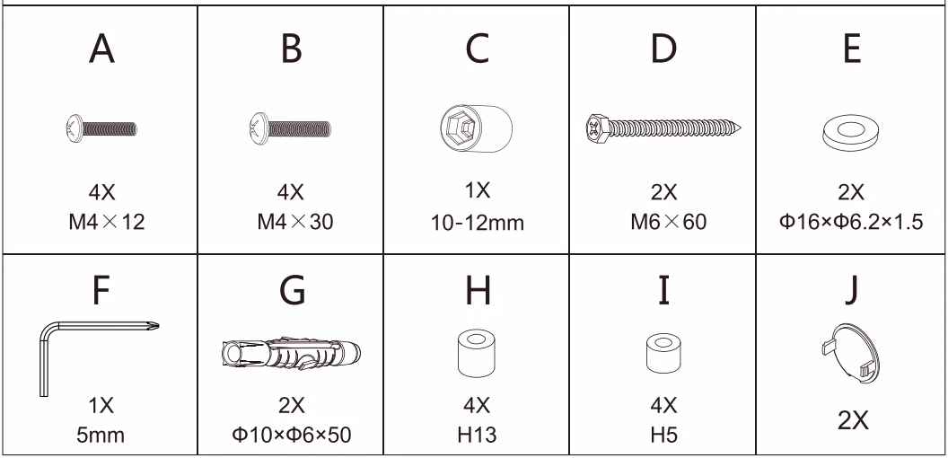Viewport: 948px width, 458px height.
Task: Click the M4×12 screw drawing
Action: pos(101,129)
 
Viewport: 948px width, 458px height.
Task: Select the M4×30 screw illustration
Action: pos(290,129)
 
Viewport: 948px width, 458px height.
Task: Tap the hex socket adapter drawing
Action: pos(476,128)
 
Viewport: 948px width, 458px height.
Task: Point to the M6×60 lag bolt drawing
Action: pos(663,128)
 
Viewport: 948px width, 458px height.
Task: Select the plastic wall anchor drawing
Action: pos(290,354)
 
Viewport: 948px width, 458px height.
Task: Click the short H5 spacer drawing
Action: pos(663,353)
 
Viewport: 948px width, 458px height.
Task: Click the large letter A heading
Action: pos(101,48)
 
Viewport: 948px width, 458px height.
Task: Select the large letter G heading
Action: pos(292,291)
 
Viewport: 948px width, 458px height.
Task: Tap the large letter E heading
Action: pos(851,48)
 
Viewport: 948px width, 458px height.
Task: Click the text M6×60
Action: pos(668,222)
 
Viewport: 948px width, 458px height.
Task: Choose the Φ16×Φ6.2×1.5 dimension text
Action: pos(851,222)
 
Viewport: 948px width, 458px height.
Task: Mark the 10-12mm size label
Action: pos(477,224)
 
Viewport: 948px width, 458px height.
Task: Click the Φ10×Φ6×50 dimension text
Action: pos(291,435)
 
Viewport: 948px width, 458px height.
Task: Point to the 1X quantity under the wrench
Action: pos(101,405)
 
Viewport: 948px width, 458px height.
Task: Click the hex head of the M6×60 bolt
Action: pos(598,128)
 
